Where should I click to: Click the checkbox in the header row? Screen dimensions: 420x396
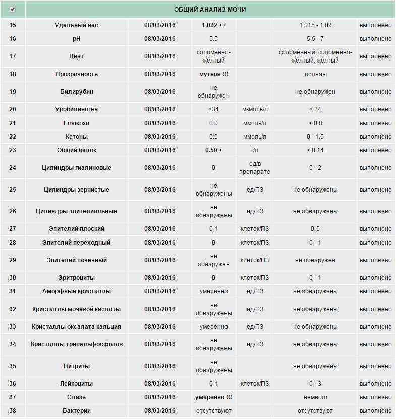[x=13, y=9]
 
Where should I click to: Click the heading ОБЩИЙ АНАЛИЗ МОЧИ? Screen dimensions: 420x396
[x=210, y=10]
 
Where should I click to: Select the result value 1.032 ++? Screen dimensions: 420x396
[x=213, y=25]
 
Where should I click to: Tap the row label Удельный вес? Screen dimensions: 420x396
[x=77, y=25]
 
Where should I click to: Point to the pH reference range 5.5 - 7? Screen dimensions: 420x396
[x=315, y=39]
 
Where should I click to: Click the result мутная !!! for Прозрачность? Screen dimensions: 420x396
[x=213, y=74]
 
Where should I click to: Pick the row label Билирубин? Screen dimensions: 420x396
[x=77, y=92]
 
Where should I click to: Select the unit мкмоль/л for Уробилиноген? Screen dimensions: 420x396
[x=255, y=109]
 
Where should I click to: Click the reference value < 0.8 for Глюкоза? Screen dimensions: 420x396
[x=315, y=123]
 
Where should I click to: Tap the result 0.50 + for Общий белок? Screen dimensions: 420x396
[x=213, y=150]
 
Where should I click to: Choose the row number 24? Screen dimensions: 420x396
[x=13, y=168]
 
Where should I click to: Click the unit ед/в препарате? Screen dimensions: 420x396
[x=255, y=168]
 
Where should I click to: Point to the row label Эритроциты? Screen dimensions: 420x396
[x=77, y=278]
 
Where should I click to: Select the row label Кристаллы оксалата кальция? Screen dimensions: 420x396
[x=77, y=327]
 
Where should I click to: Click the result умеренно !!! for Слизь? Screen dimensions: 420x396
[x=213, y=397]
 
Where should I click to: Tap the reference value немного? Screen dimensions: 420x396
[x=315, y=397]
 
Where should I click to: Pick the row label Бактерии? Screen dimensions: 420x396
[x=77, y=411]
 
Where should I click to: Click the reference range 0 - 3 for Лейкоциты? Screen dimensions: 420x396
[x=315, y=384]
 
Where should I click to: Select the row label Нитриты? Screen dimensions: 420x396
[x=77, y=366]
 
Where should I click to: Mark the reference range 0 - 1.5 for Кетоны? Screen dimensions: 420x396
[x=315, y=137]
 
